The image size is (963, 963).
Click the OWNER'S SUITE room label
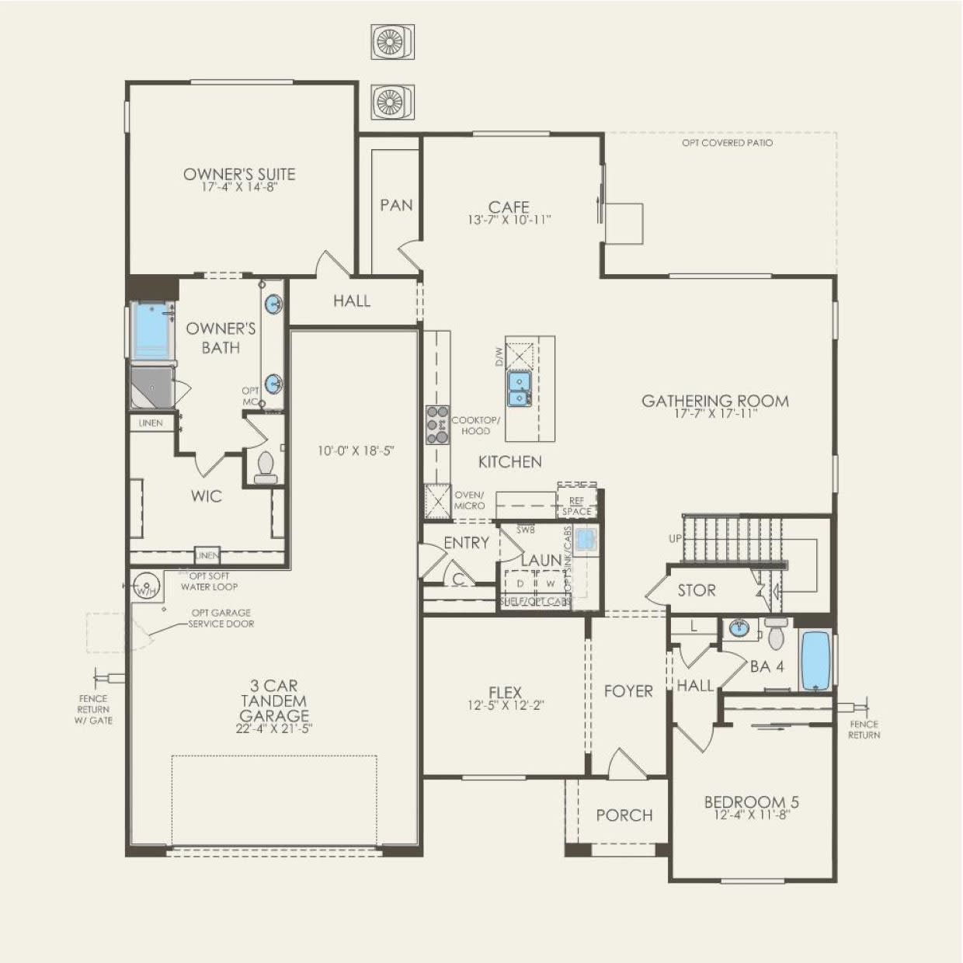click(239, 174)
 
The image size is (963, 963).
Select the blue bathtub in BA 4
click(815, 660)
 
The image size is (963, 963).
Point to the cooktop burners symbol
click(437, 425)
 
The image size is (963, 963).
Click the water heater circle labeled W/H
click(146, 585)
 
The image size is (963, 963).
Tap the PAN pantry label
click(396, 205)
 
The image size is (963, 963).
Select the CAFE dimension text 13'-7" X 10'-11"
click(509, 220)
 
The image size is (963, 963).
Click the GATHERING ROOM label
click(714, 401)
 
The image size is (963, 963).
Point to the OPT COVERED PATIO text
click(727, 143)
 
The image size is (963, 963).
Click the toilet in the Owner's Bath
click(266, 468)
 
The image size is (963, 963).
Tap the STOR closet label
click(696, 590)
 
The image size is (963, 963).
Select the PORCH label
click(624, 815)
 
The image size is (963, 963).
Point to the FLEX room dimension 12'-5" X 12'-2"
click(505, 706)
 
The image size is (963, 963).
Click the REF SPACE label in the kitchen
click(576, 506)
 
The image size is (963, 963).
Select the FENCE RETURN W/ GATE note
click(94, 710)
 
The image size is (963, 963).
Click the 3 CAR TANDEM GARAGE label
click(273, 701)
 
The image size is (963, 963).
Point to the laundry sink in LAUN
click(586, 537)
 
